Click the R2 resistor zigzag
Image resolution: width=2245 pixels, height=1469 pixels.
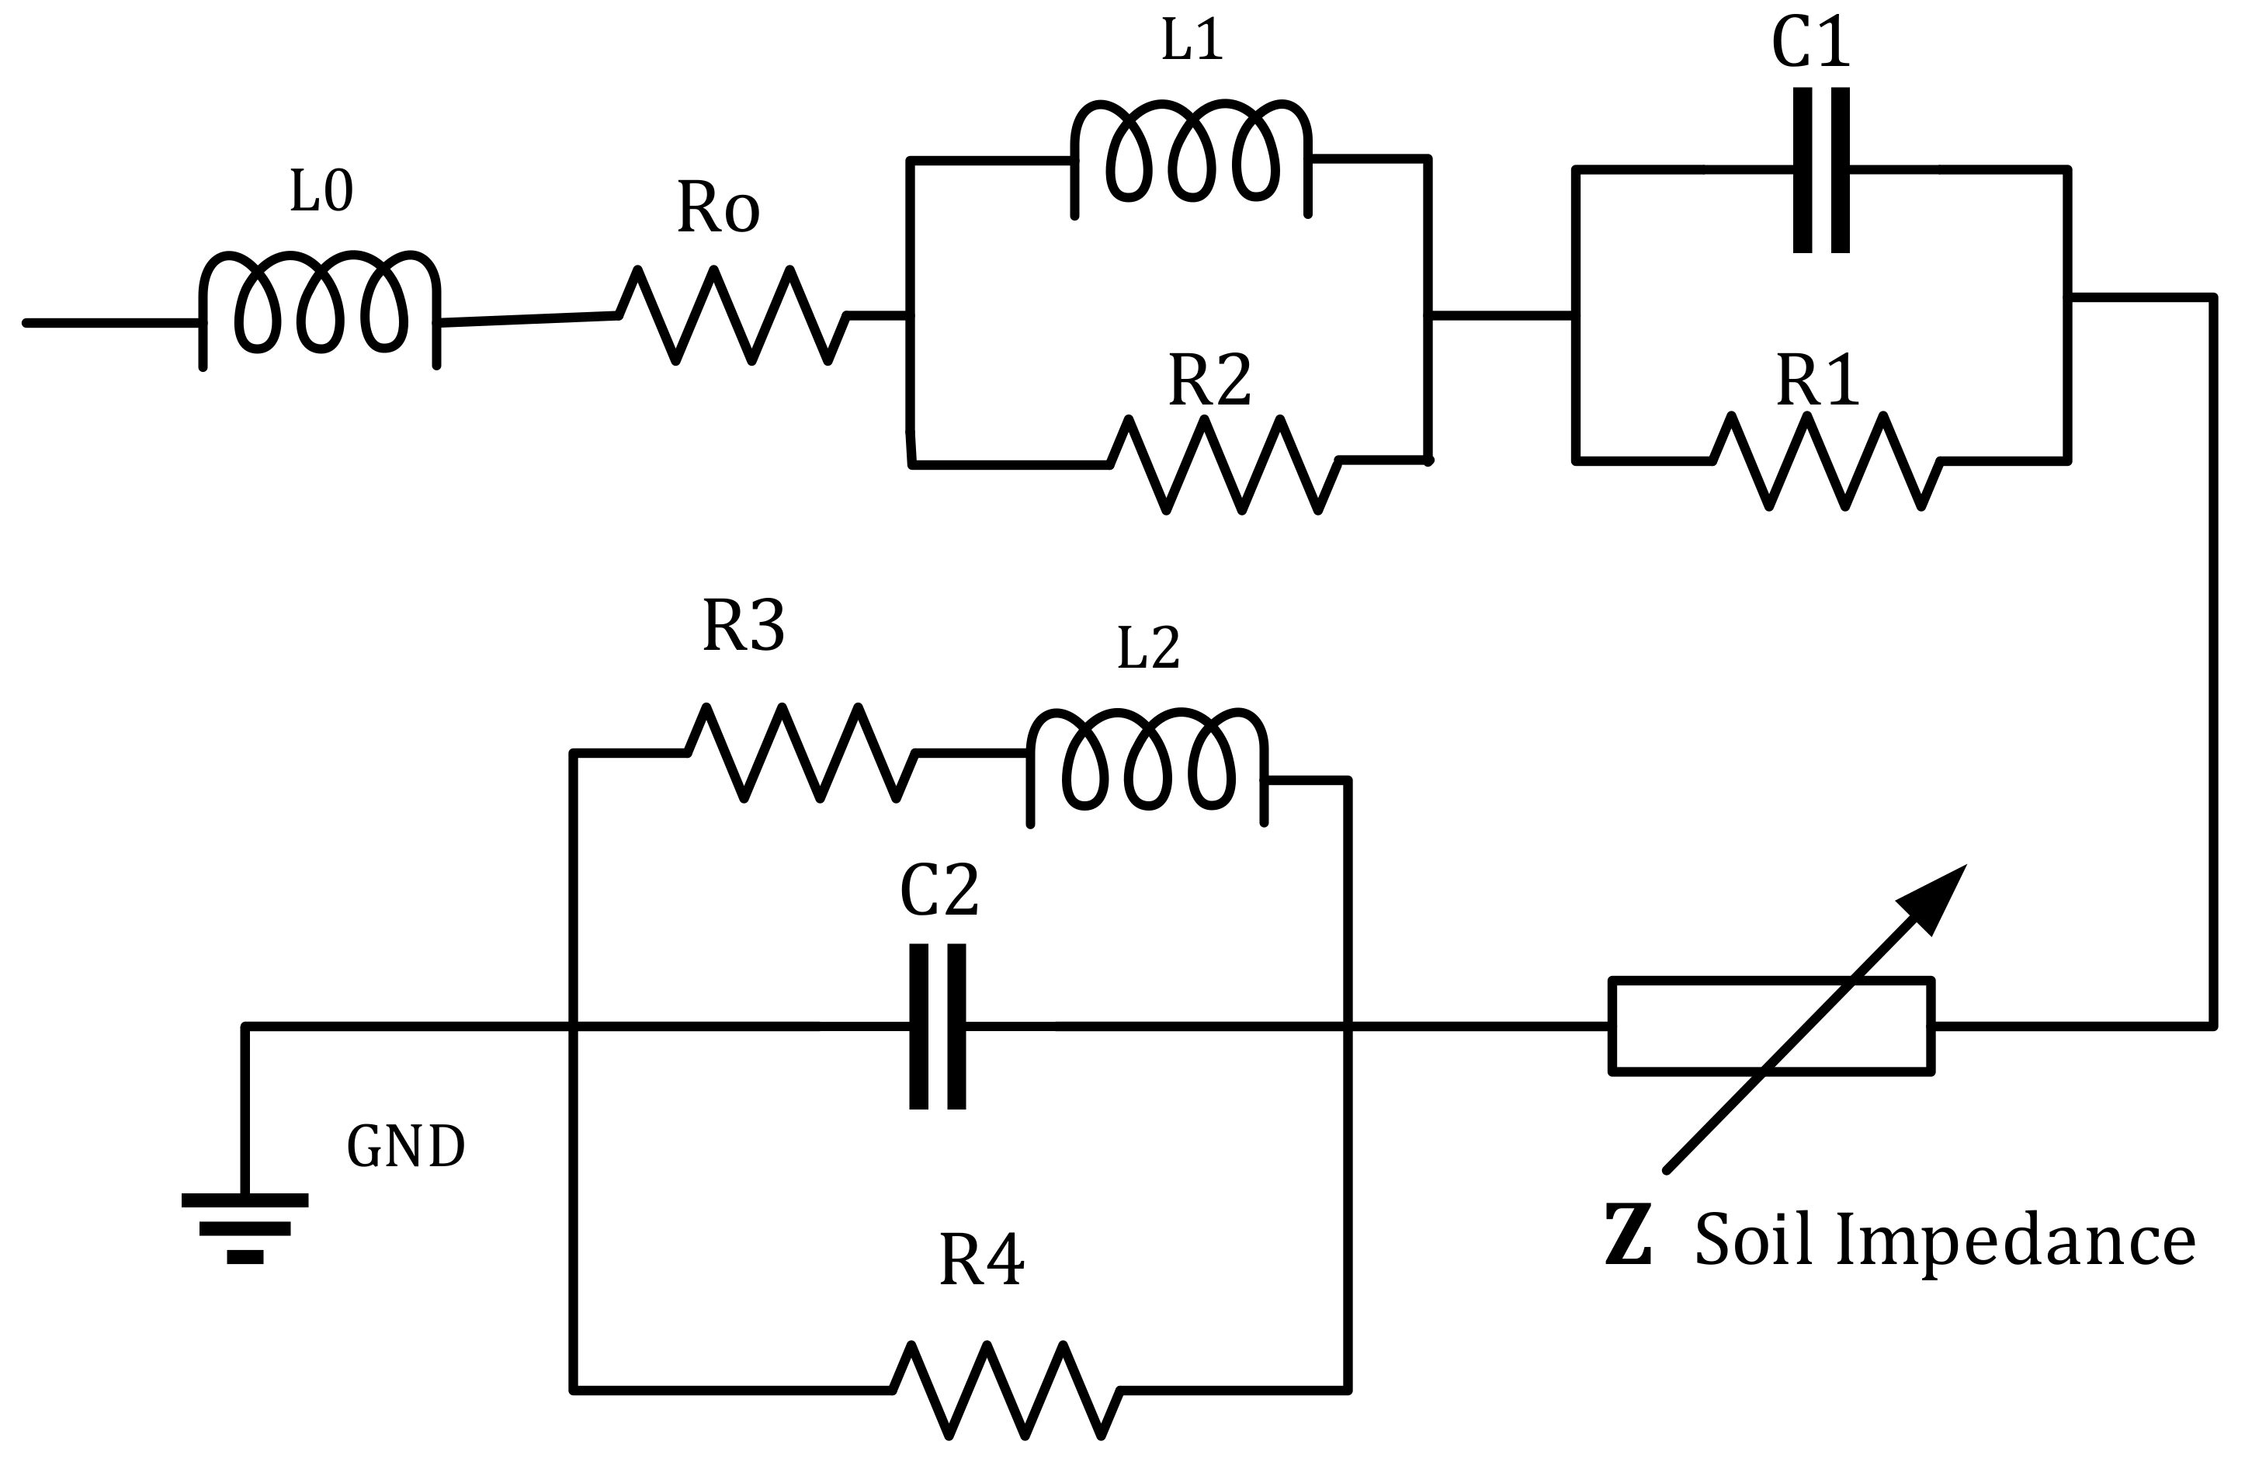[x=1223, y=464]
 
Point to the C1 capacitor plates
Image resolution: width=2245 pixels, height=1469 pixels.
[x=1820, y=170]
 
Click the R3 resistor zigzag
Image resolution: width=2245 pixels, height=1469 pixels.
[x=801, y=753]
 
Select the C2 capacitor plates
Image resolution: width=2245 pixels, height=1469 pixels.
[x=937, y=1026]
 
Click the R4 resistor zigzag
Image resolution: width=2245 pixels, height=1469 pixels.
[x=1005, y=1390]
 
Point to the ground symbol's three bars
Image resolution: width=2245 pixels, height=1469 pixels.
[x=245, y=1228]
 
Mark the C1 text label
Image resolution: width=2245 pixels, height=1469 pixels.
[x=1810, y=43]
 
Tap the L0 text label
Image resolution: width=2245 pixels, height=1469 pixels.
[x=321, y=192]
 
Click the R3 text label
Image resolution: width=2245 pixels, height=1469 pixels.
[x=744, y=626]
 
